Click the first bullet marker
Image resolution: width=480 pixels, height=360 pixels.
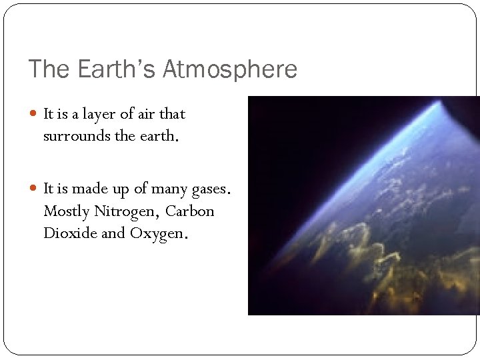pos(35,114)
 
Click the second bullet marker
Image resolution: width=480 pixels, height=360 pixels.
pos(35,189)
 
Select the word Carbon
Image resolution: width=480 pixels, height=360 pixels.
pos(190,211)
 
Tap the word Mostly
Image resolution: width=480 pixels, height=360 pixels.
pos(66,211)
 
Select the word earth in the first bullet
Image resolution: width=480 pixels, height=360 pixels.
pos(159,136)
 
